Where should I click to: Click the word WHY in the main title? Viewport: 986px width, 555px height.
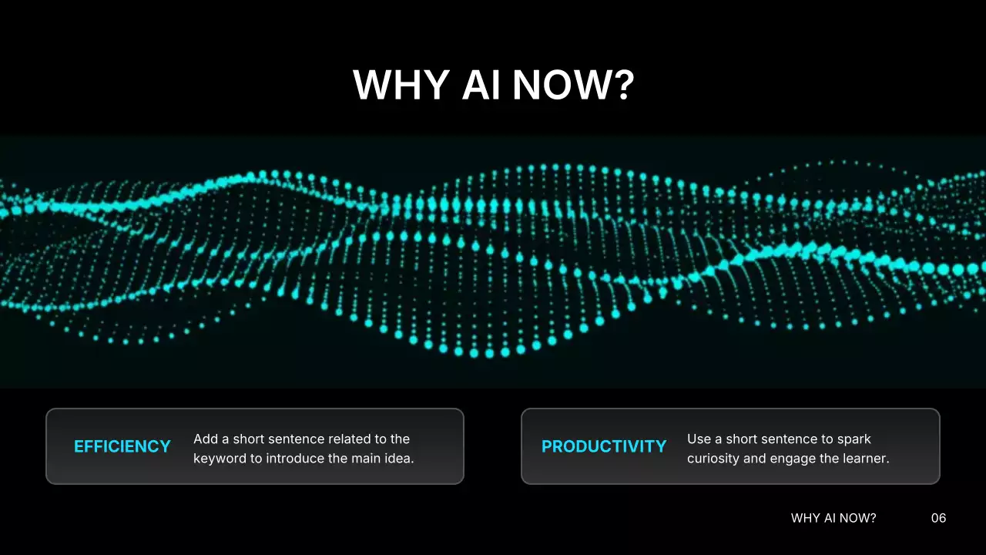[x=401, y=85]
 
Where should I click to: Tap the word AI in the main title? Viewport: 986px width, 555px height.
[x=481, y=85]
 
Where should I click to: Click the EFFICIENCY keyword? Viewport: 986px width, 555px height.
[x=122, y=446]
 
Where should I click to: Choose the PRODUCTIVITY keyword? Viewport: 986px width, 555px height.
[x=604, y=446]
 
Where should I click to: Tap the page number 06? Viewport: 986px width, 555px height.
[x=938, y=518]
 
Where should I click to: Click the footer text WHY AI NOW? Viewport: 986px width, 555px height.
[x=833, y=518]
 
